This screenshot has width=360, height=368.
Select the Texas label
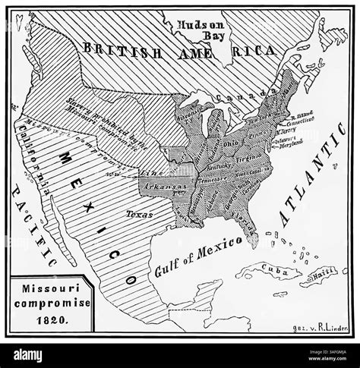(137, 214)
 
